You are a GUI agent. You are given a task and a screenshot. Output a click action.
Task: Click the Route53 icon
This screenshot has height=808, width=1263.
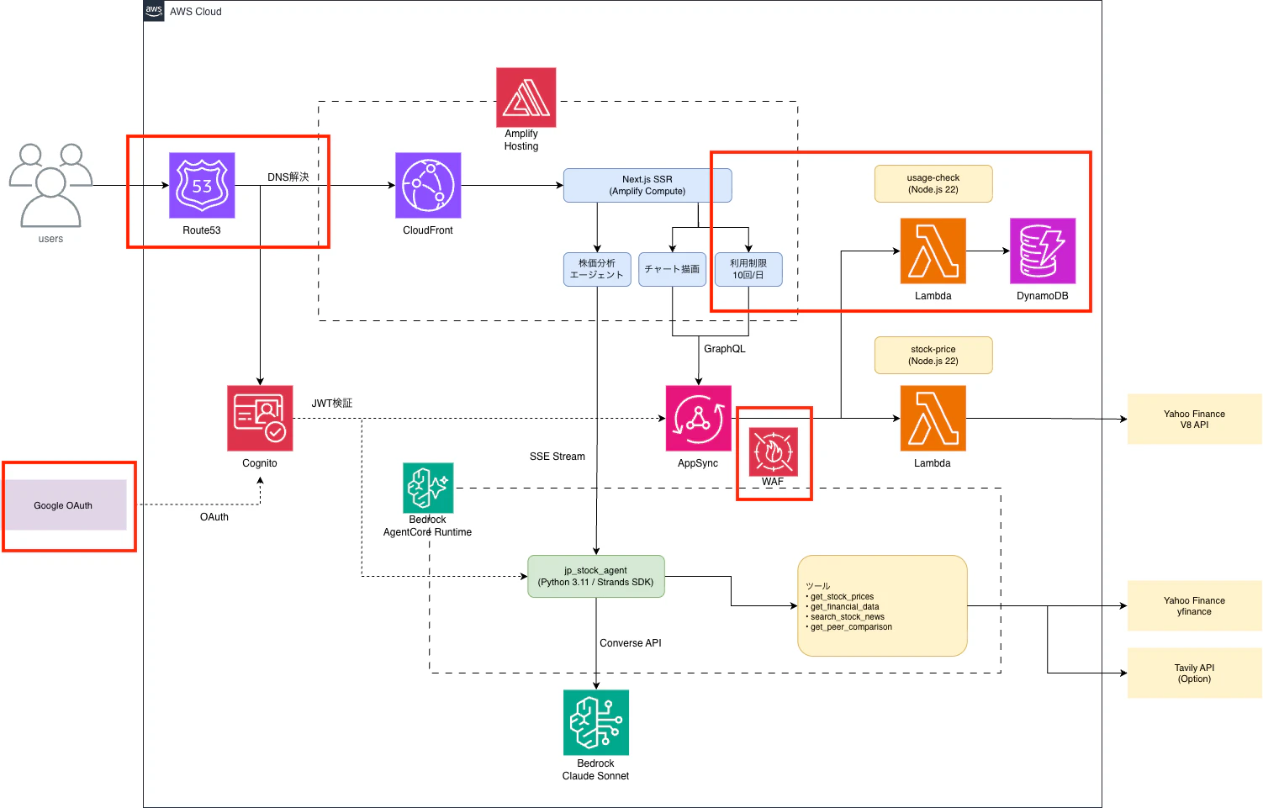[x=202, y=185]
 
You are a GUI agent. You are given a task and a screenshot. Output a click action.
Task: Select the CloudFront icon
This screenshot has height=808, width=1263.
[x=428, y=185]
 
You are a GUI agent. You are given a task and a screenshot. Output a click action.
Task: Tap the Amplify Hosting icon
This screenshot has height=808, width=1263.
[x=526, y=98]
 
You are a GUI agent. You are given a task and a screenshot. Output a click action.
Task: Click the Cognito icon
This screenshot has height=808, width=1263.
[x=260, y=418]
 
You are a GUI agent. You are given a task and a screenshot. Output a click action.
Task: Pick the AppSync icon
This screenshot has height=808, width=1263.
[x=698, y=418]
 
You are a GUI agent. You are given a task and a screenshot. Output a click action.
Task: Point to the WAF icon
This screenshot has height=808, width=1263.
[x=773, y=452]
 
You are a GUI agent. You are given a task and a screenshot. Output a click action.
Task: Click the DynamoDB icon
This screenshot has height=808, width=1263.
[x=1042, y=251]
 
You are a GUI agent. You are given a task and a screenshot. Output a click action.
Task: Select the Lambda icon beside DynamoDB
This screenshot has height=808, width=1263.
[x=933, y=251]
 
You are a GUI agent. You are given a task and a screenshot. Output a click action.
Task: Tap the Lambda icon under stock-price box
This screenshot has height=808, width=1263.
[x=933, y=418]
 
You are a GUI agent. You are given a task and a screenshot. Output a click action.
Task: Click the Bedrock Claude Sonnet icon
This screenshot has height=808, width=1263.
[x=595, y=722]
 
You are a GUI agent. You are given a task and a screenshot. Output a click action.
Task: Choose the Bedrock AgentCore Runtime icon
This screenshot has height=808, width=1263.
[x=428, y=488]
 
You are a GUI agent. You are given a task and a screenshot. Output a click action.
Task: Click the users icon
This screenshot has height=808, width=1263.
[x=50, y=186]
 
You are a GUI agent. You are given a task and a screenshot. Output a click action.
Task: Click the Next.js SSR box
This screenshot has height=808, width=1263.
[x=647, y=185]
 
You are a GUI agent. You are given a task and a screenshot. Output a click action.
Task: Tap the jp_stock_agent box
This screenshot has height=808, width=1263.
[x=595, y=576]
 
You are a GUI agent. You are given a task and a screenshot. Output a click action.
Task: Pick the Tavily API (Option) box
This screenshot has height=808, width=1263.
[x=1194, y=673]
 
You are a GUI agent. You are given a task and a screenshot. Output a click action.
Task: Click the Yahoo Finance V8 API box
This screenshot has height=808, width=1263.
[x=1194, y=419]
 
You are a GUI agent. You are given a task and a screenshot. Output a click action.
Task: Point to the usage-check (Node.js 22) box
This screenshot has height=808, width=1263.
[x=933, y=183]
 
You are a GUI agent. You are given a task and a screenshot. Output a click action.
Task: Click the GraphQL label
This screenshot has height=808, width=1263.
[x=724, y=349]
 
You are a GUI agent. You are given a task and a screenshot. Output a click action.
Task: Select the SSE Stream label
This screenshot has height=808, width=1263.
[x=557, y=457]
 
